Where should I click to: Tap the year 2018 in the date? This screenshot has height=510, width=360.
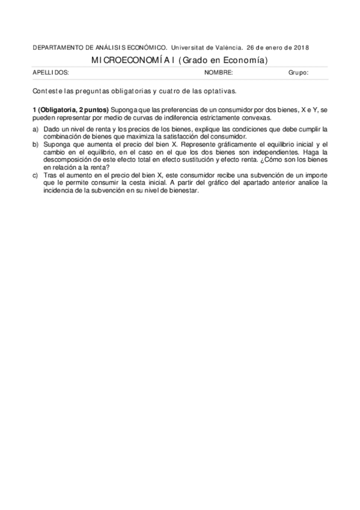302,48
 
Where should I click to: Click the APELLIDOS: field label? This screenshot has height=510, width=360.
50,73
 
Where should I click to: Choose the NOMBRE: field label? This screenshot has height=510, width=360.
218,73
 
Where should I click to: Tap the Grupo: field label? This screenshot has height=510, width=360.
298,73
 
